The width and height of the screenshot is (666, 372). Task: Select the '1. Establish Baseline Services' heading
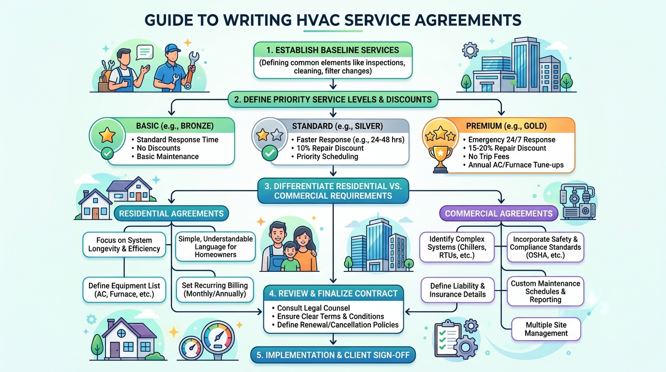pyautogui.click(x=333, y=50)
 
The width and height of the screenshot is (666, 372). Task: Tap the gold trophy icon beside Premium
pyautogui.click(x=440, y=151)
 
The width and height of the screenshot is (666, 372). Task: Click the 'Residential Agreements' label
pyautogui.click(x=171, y=213)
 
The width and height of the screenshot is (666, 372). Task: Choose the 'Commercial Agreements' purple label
pyautogui.click(x=499, y=213)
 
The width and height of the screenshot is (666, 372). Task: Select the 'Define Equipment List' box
pyautogui.click(x=124, y=290)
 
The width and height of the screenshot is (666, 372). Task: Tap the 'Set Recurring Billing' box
pyautogui.click(x=214, y=290)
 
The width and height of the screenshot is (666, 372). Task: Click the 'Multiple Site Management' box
pyautogui.click(x=546, y=329)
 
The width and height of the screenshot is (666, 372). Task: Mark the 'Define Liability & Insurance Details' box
pyautogui.click(x=457, y=290)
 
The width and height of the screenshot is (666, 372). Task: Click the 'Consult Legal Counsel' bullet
pyautogui.click(x=313, y=308)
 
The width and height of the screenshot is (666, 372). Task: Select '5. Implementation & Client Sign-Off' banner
pyautogui.click(x=333, y=355)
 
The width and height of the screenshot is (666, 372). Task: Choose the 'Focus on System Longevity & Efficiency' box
pyautogui.click(x=124, y=245)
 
